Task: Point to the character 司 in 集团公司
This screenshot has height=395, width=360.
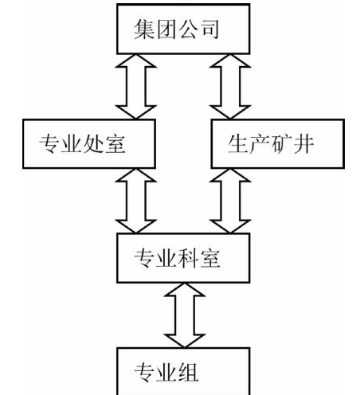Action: (x=209, y=29)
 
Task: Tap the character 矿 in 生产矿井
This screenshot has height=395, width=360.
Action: (x=281, y=144)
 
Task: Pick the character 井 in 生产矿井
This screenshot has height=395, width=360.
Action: (x=303, y=144)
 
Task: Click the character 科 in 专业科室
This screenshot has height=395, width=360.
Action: (x=188, y=258)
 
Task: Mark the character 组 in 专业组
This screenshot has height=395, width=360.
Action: (x=188, y=372)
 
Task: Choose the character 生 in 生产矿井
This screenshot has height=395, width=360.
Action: (x=238, y=144)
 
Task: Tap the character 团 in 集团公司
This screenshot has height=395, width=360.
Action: (x=166, y=29)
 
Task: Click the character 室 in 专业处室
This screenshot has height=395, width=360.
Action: (x=115, y=144)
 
